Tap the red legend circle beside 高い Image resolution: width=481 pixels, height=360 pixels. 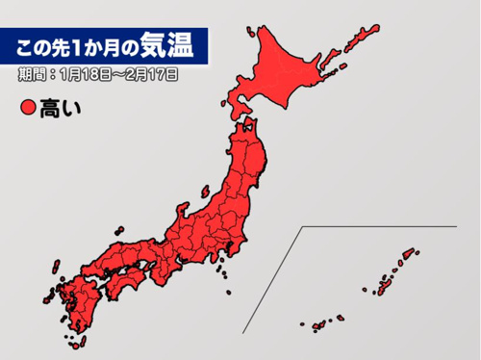coord(27,109)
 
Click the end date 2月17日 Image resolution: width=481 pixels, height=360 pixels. coord(151,73)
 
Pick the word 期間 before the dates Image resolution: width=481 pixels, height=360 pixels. coord(32,73)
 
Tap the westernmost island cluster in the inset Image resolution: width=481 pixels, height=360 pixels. coord(315,325)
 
